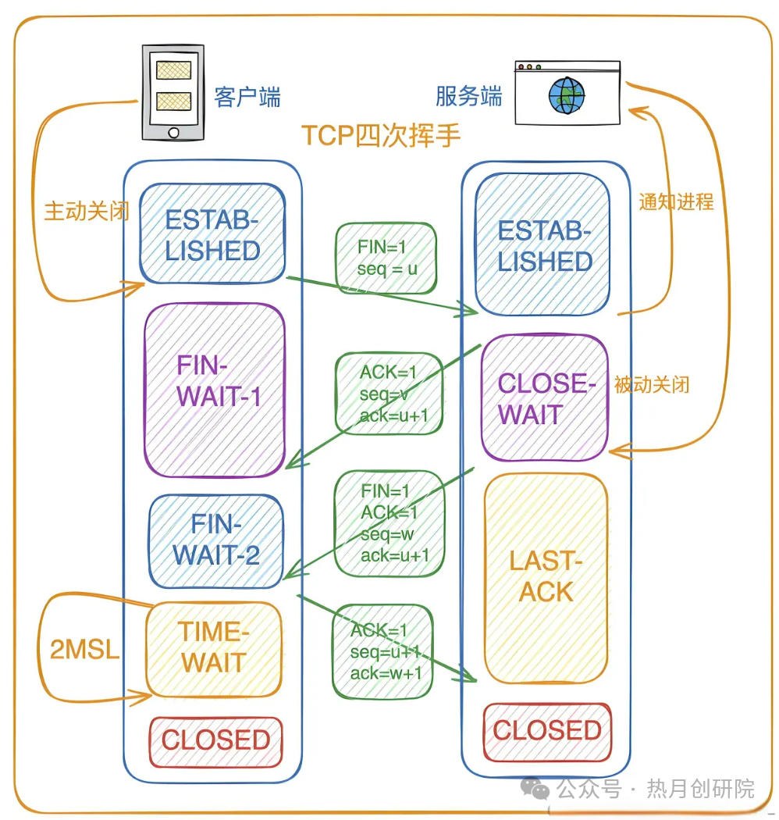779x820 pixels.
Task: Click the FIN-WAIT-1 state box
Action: point(213,389)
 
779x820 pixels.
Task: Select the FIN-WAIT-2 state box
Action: point(216,540)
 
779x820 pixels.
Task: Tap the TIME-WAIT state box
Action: point(213,647)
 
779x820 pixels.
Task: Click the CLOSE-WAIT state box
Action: point(544,398)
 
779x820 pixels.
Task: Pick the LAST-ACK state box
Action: point(546,576)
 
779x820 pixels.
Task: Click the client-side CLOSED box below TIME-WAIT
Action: point(215,740)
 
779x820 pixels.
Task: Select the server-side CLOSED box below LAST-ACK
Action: point(546,731)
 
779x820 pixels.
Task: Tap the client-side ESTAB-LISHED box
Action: point(212,234)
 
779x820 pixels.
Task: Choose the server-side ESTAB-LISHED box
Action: point(543,244)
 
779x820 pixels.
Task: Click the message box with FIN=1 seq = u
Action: point(386,258)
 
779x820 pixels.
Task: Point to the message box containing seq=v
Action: point(389,393)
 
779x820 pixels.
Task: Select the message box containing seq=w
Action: point(389,523)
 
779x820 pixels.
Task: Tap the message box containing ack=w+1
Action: point(382,651)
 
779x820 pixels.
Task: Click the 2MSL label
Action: point(84,649)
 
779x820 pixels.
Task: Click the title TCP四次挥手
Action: point(381,135)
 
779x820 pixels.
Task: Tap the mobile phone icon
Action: point(173,91)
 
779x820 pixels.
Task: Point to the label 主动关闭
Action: point(86,212)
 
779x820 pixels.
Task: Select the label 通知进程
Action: point(676,201)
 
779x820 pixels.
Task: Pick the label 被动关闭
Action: point(651,384)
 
